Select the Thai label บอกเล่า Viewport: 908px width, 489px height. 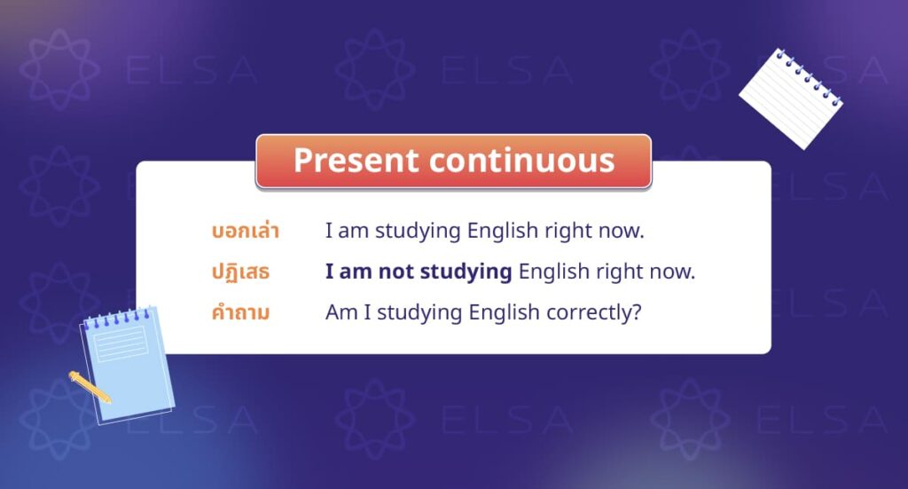tap(246, 232)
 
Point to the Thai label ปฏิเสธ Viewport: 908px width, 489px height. tap(239, 272)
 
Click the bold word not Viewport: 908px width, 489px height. tap(396, 272)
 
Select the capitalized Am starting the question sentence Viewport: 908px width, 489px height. tap(339, 312)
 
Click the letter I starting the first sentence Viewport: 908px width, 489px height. tap(328, 232)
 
